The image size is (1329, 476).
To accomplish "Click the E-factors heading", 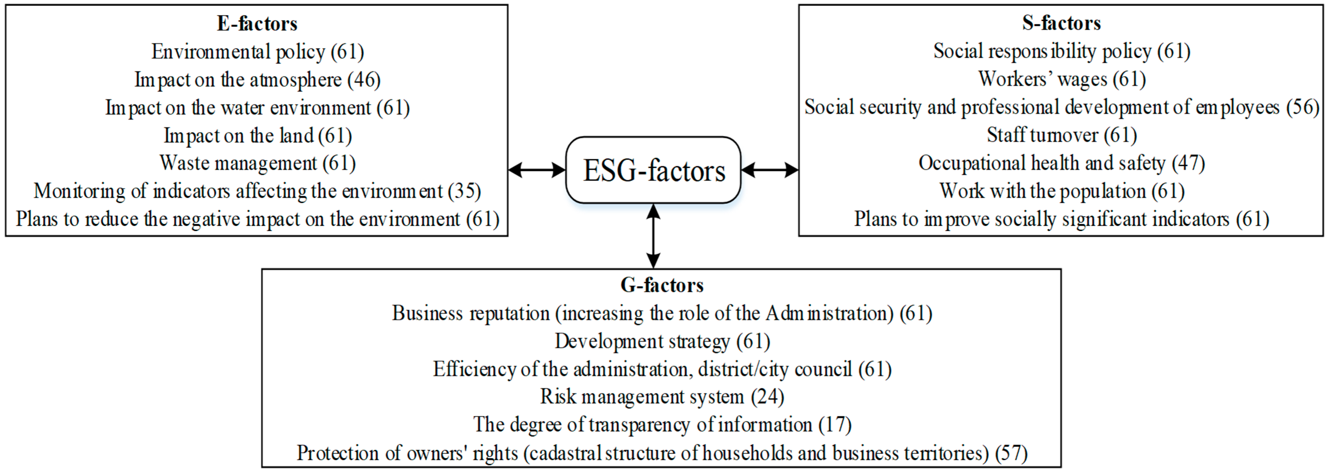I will (257, 24).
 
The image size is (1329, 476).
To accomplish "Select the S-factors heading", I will (1061, 23).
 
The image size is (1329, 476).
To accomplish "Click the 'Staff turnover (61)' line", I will (1062, 135).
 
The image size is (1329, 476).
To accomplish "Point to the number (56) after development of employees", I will (1303, 107).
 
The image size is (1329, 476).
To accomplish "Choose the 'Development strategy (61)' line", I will (662, 341).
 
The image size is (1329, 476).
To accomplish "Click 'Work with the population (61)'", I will (1062, 191).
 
